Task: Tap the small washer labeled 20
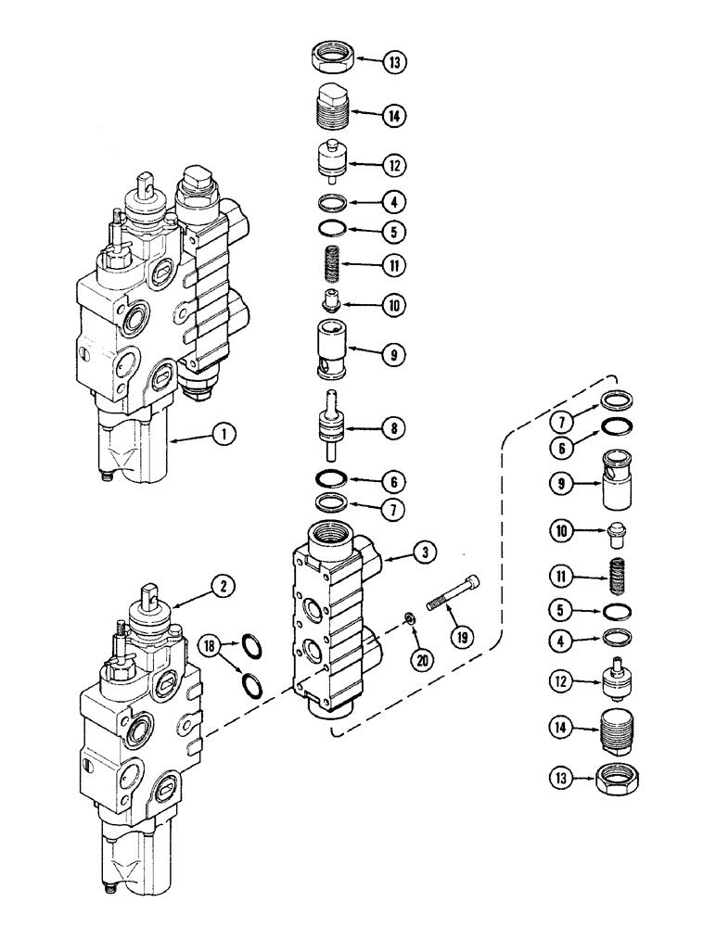[x=409, y=618]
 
